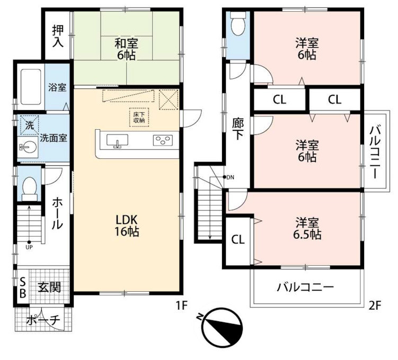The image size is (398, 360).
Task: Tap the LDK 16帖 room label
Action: click(x=127, y=224)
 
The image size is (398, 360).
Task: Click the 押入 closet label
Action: click(x=58, y=37)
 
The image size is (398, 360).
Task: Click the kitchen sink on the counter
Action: click(x=117, y=141)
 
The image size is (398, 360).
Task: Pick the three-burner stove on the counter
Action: click(x=163, y=140)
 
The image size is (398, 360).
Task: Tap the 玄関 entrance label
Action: click(x=49, y=287)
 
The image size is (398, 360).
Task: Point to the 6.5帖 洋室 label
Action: click(x=308, y=228)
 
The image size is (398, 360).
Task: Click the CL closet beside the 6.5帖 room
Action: click(x=238, y=239)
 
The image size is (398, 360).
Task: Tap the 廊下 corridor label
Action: click(x=238, y=128)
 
